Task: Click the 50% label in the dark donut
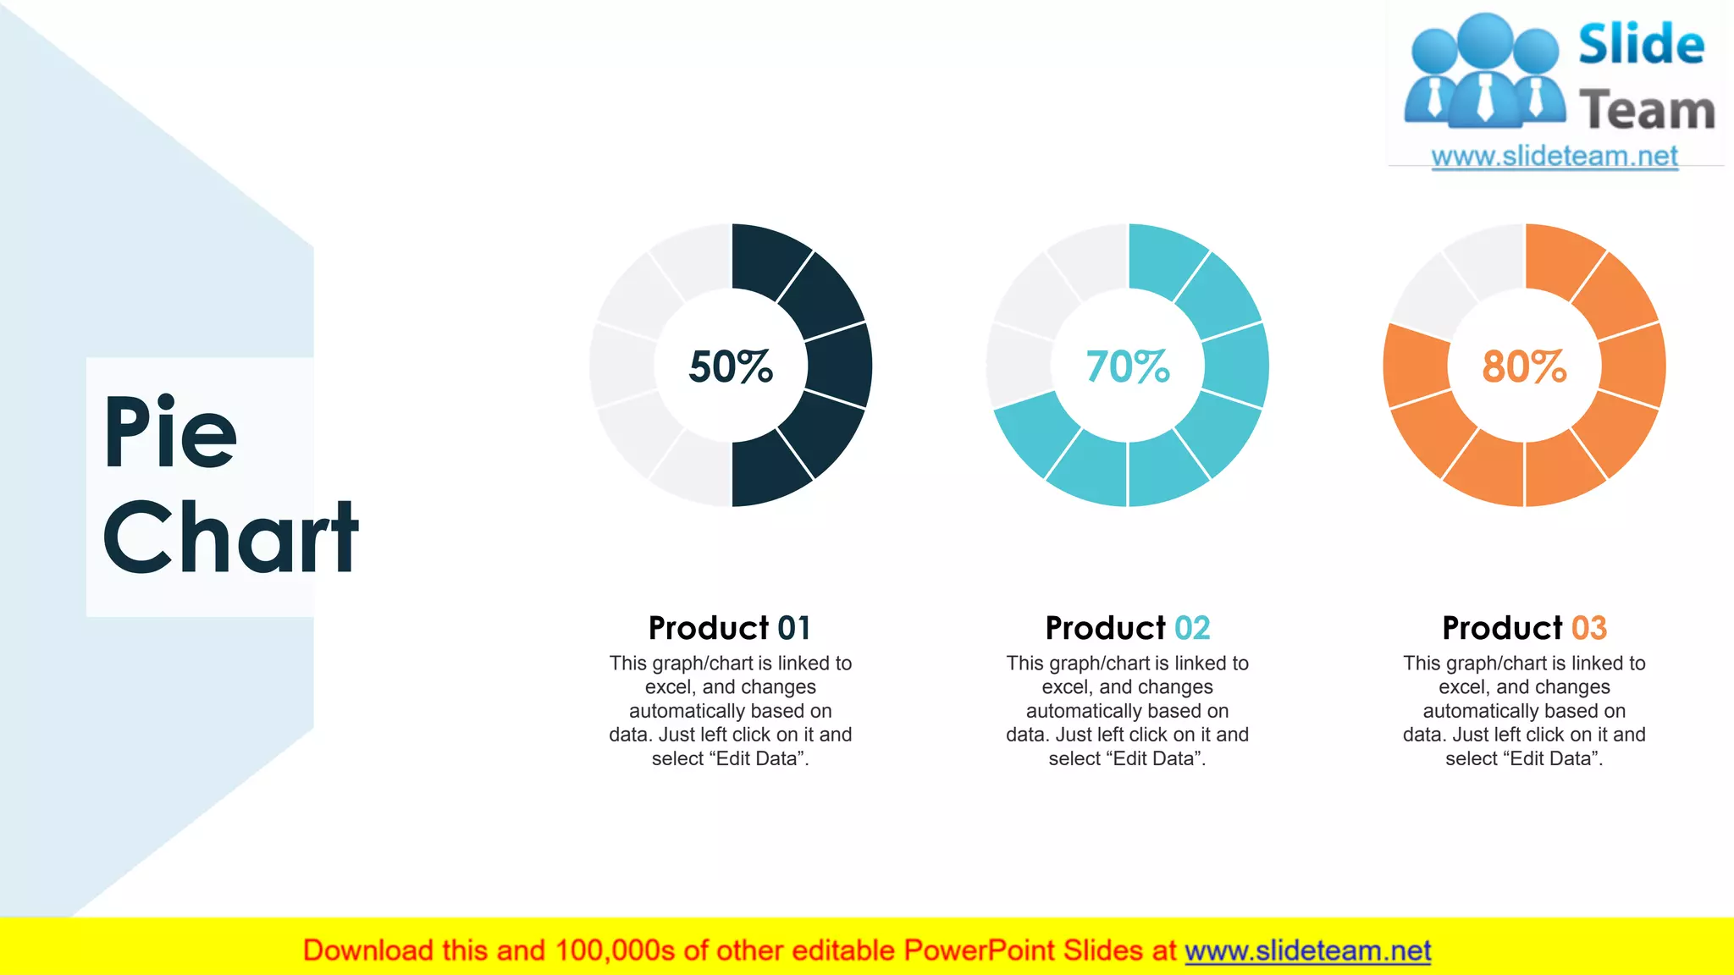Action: pos(731,366)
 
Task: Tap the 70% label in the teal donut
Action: pos(1128,366)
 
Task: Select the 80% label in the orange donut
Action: pos(1524,366)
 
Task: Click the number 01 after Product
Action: pos(794,628)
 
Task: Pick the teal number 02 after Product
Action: pos(1192,628)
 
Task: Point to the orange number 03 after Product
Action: pos(1589,628)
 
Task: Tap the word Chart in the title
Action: pos(230,537)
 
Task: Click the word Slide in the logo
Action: pos(1641,45)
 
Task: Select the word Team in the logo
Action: pos(1647,111)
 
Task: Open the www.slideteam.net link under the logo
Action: pos(1555,157)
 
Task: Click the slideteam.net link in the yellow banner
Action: pos(1307,950)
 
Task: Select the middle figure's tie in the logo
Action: pos(1485,97)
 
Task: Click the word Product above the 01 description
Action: pos(708,628)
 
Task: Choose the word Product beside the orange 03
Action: pos(1502,628)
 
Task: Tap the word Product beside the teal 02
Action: pos(1105,628)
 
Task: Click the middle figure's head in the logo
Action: pos(1485,39)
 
